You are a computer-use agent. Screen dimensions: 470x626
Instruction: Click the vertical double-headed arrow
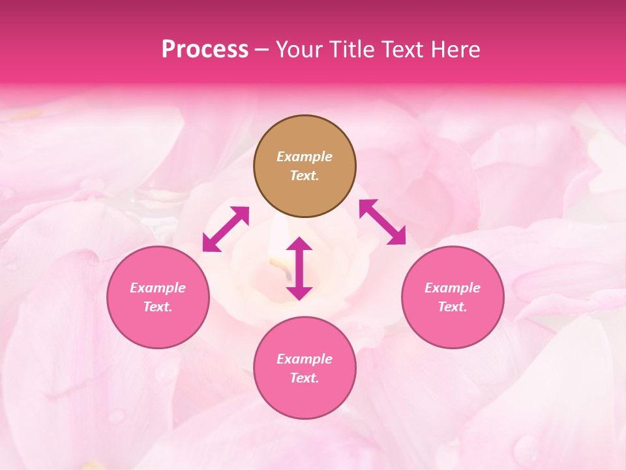(x=299, y=268)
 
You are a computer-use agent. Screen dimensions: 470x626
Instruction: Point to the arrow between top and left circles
(x=226, y=228)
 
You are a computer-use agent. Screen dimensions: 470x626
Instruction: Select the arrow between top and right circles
(x=383, y=222)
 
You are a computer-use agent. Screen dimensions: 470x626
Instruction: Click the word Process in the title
(x=205, y=50)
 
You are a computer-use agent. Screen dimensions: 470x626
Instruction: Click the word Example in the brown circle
(x=305, y=157)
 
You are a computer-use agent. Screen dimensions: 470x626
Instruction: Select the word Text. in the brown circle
(x=305, y=176)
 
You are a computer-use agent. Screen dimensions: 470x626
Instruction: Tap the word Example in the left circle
(x=158, y=288)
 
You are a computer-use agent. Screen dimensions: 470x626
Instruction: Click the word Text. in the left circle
(x=158, y=307)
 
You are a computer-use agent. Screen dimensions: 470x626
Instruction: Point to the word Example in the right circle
(x=453, y=288)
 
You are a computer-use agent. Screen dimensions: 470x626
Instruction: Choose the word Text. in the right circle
(x=453, y=307)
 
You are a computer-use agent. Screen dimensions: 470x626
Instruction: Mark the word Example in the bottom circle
(x=305, y=359)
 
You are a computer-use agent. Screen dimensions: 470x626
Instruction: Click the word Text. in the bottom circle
(x=305, y=378)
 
